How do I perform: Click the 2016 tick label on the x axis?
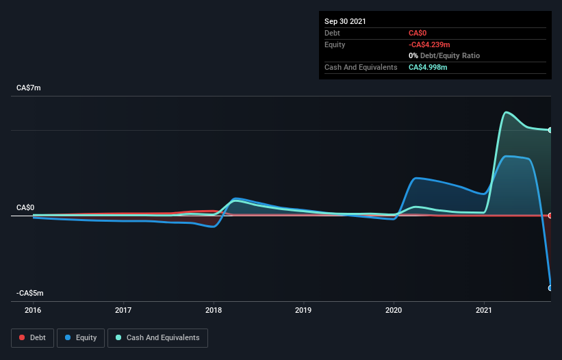(33, 309)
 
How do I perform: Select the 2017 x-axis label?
(123, 309)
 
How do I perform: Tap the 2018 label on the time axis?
(214, 309)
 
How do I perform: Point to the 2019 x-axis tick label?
(304, 309)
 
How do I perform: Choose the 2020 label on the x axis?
(394, 309)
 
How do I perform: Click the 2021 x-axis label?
(485, 309)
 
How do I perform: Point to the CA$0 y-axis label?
(26, 207)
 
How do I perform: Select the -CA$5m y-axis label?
(31, 293)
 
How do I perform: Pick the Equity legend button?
(81, 337)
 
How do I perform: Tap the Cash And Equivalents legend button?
(157, 337)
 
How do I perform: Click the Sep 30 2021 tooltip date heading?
(346, 21)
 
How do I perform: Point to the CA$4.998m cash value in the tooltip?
(428, 67)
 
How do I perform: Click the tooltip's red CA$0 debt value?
(418, 33)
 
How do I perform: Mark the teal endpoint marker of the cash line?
(550, 130)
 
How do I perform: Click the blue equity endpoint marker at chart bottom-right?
(550, 288)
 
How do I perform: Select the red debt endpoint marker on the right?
(550, 216)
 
